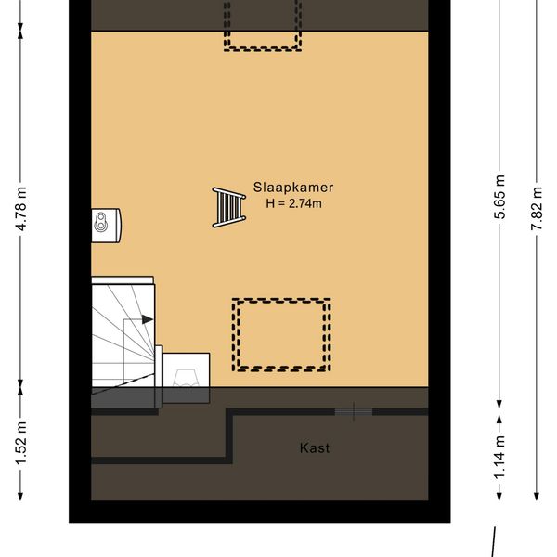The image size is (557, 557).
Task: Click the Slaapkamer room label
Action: pos(293,188)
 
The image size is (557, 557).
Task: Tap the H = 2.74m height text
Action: pos(293,203)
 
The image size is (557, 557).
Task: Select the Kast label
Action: pos(315,448)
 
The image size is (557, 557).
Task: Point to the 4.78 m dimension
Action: pos(21,209)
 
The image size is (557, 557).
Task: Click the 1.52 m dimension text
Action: pos(21,444)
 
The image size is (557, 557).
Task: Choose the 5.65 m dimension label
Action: pos(499,197)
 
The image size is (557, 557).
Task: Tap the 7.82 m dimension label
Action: pos(538,208)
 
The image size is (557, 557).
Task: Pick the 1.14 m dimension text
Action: pos(499,457)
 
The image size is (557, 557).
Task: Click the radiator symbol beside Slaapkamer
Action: pos(229,207)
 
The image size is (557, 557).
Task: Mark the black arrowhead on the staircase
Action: pos(148,319)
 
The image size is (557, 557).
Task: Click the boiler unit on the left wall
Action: pos(106,226)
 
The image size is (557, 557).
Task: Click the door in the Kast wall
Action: pos(354,411)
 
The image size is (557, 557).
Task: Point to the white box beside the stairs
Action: pos(187,369)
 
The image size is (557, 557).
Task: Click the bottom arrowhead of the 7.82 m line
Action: pos(537,496)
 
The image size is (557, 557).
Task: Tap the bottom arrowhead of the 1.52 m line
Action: pos(20,496)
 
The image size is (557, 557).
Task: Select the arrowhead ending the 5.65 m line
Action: pos(499,404)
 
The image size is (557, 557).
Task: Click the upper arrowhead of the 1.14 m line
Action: pos(499,421)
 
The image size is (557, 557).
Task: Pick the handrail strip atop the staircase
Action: pos(123,280)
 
